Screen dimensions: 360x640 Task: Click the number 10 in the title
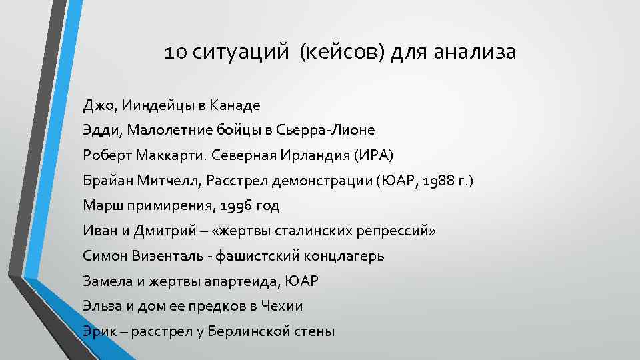pyautogui.click(x=176, y=52)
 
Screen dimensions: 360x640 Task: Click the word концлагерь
pyautogui.click(x=341, y=256)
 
